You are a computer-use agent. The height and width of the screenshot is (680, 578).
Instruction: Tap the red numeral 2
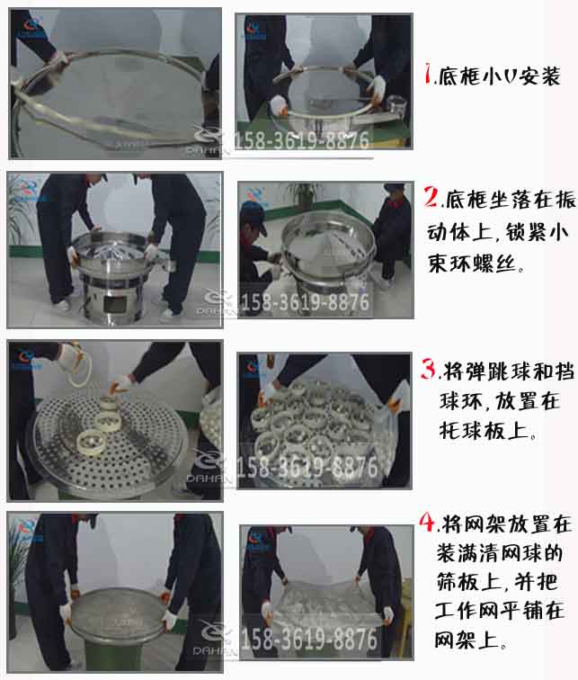432,196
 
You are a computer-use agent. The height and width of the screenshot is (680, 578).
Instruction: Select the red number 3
431,370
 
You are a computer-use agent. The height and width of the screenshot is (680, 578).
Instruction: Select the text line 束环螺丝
484,265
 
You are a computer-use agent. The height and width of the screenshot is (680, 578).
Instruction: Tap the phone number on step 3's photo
307,467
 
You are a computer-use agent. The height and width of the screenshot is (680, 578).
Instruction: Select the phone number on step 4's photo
306,640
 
